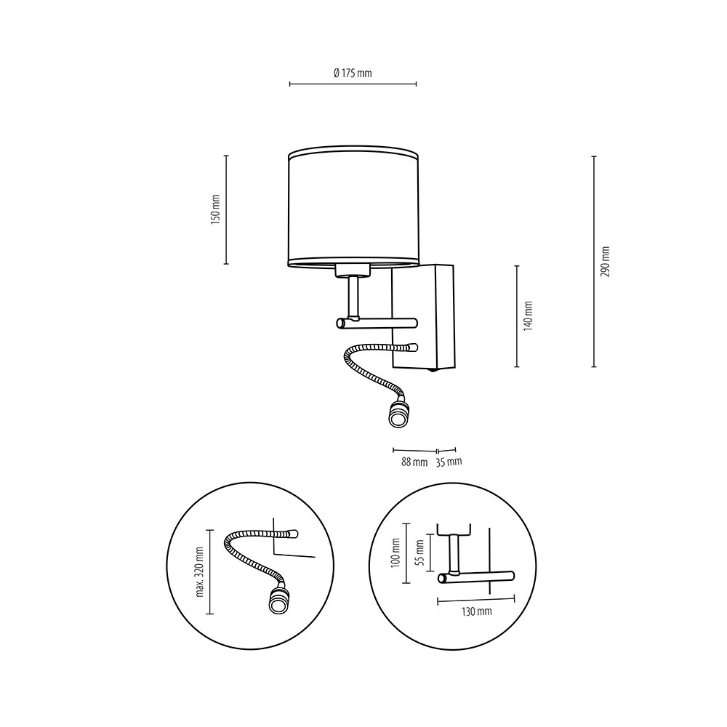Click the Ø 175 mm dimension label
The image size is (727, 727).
click(353, 73)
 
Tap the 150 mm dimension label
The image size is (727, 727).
click(216, 209)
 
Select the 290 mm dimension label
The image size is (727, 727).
click(605, 262)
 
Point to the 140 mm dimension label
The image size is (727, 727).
click(528, 316)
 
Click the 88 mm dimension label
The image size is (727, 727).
click(414, 462)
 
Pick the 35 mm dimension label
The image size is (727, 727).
click(449, 462)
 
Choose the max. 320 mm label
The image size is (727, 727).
click(200, 571)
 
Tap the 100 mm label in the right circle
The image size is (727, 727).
click(395, 553)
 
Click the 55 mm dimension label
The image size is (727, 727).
click(419, 553)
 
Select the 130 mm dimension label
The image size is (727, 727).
click(476, 611)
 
